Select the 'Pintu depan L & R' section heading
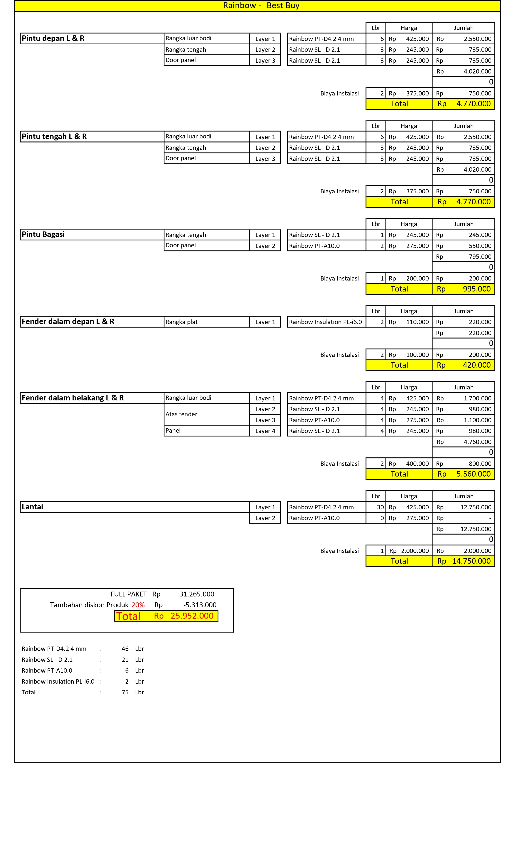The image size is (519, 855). point(53,38)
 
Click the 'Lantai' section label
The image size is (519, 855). point(32,507)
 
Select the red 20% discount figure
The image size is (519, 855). point(138,605)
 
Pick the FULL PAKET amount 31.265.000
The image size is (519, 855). point(196,594)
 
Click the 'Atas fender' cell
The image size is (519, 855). point(181,414)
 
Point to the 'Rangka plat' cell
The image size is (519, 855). point(181,322)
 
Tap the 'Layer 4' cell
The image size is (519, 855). point(265,431)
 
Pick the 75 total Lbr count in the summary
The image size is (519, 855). point(125,692)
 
